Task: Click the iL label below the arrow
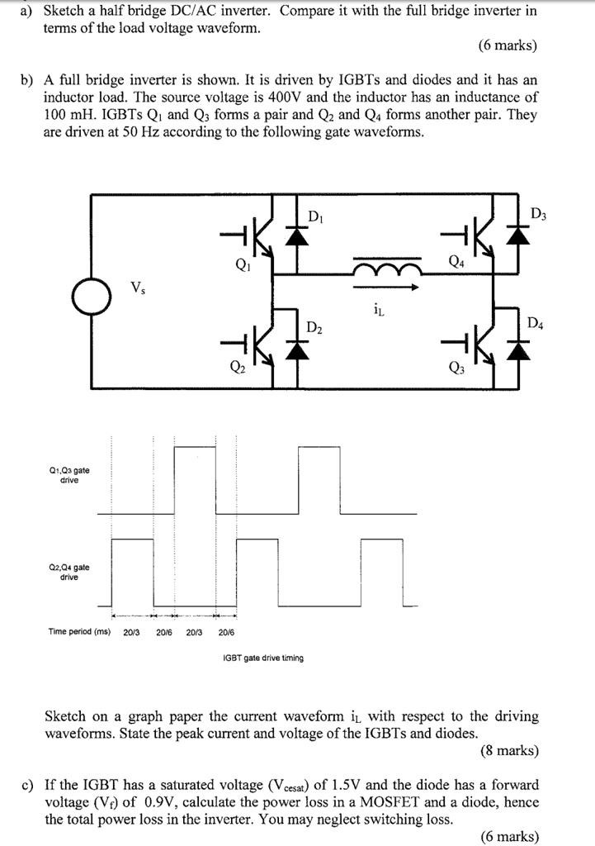point(378,310)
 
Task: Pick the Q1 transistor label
point(241,266)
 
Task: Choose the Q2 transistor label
point(239,368)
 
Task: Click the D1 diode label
point(314,216)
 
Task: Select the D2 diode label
point(314,328)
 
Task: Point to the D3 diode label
point(538,216)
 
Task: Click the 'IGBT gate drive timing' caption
point(263,658)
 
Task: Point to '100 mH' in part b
point(65,115)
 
